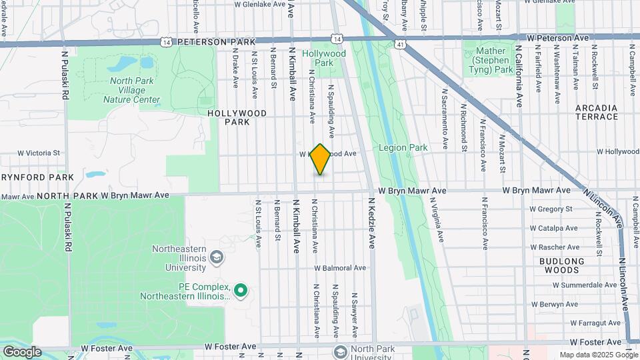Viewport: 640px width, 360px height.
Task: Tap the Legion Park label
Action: [x=403, y=147]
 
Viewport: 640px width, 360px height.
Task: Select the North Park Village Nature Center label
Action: [x=131, y=91]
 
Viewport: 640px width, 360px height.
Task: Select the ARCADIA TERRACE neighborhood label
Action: [x=596, y=112]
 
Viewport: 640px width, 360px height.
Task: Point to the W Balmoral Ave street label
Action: [x=341, y=268]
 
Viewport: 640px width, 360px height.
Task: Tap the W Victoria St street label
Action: [x=39, y=153]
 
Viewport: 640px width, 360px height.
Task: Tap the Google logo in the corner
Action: [x=22, y=352]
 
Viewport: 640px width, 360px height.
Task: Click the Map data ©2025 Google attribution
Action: [x=598, y=355]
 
